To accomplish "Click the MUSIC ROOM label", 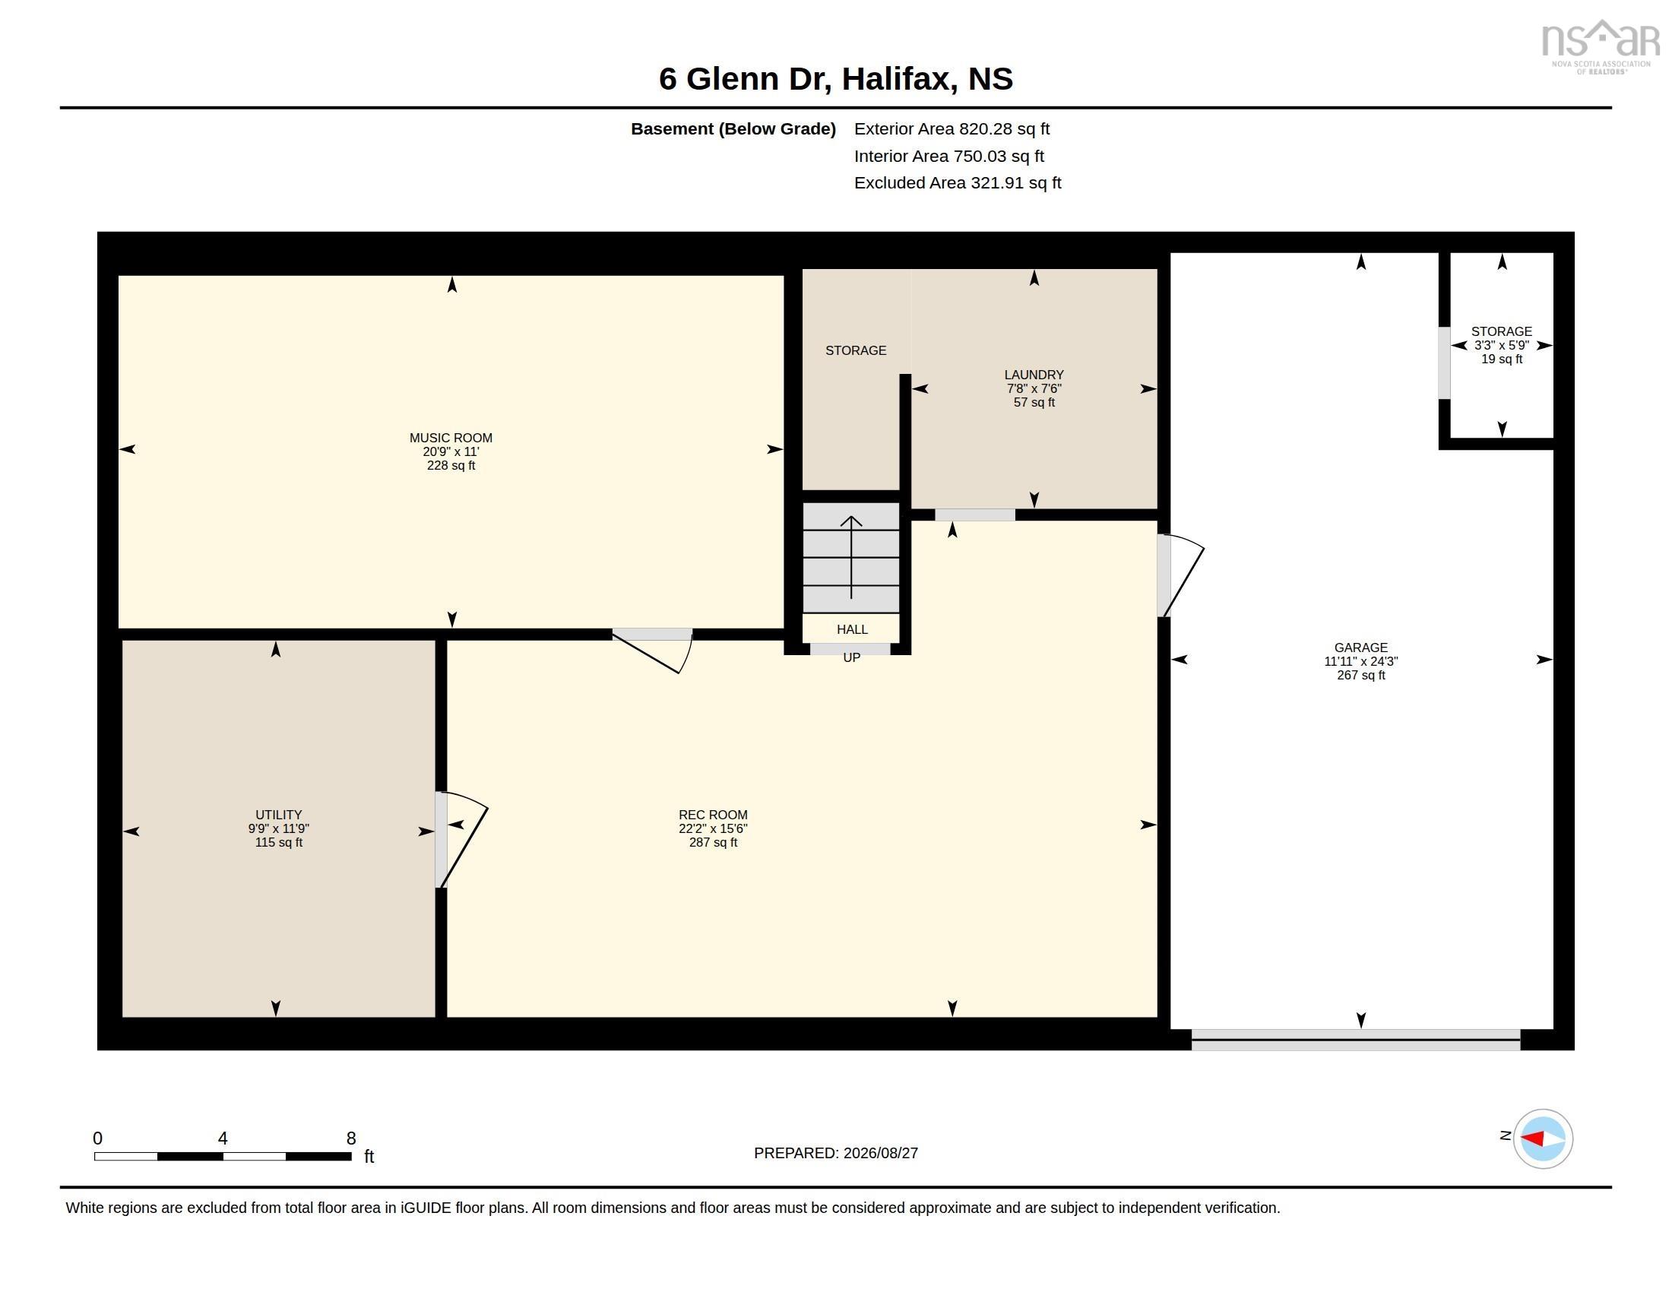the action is coord(451,438).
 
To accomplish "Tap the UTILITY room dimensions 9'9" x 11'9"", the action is coord(279,828).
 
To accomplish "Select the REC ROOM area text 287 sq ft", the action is coord(713,842).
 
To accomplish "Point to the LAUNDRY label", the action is coord(1034,374).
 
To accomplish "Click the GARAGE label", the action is coord(1360,648).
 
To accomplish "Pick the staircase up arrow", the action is coord(851,557).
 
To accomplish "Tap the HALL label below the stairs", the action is coord(852,629).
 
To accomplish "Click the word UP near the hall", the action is coord(851,657).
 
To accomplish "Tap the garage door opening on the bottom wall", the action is coord(1355,1040).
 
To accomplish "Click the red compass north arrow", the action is coord(1533,1139).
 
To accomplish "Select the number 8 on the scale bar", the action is coord(351,1138).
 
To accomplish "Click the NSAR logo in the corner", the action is coord(1600,46).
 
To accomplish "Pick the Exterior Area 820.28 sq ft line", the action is coord(952,128).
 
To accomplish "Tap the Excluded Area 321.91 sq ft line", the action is coord(957,183).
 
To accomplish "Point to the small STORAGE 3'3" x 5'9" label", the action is coord(1501,345).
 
